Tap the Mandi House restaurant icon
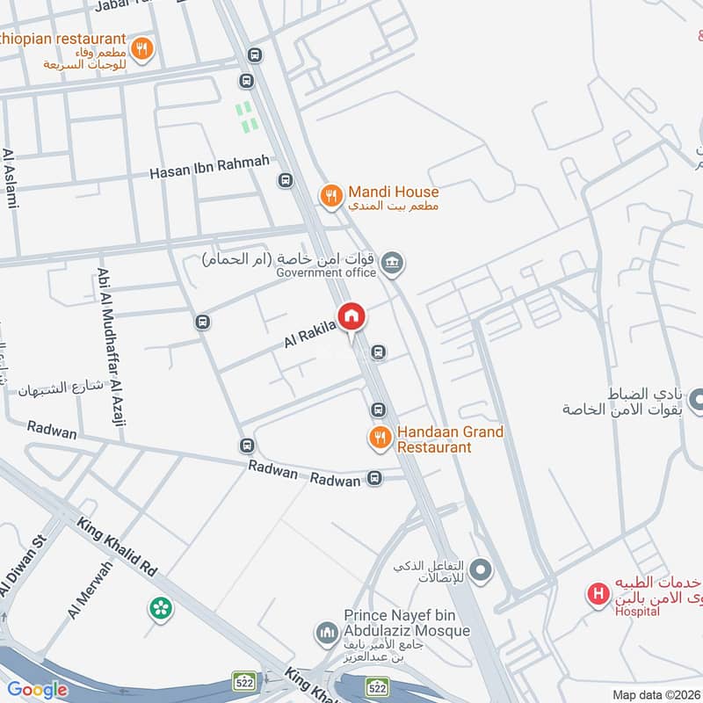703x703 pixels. point(330,196)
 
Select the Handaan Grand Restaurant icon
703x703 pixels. point(380,437)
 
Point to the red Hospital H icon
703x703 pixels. point(598,595)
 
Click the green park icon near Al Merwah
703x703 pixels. point(160,607)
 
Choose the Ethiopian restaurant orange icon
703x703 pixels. point(141,48)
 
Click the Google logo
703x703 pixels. point(37,690)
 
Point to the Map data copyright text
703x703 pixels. point(656,694)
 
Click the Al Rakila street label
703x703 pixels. point(309,332)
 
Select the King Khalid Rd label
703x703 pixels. point(118,547)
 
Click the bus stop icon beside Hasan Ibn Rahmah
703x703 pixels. point(285,180)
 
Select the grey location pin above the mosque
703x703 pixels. point(481,572)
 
